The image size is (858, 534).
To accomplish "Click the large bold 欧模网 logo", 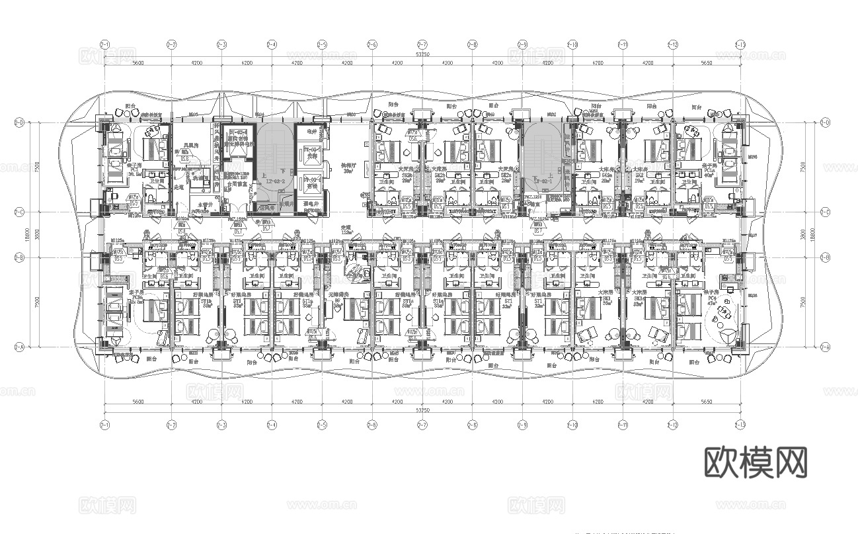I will tap(756, 463).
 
